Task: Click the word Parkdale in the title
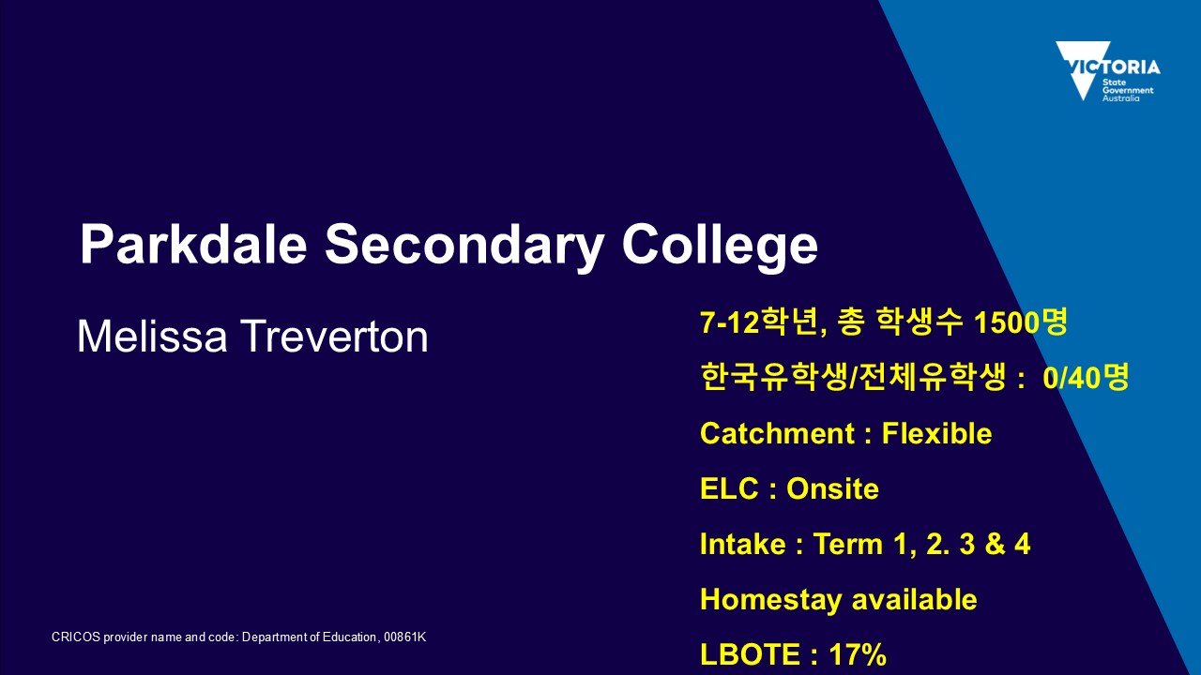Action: point(193,244)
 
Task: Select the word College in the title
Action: point(720,245)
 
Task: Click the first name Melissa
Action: point(152,337)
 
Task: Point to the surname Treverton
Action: point(334,337)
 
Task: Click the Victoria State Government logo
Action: point(1108,71)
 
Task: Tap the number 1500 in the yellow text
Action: point(1005,322)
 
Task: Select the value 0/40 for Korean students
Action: point(1072,378)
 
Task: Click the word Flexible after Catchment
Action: point(936,433)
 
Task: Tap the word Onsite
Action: point(832,488)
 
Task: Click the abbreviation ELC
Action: point(729,488)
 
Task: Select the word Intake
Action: point(743,544)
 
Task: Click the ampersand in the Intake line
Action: point(995,544)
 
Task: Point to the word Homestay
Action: point(771,600)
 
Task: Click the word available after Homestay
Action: point(915,599)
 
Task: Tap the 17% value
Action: point(858,654)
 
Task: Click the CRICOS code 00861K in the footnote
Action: point(404,637)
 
